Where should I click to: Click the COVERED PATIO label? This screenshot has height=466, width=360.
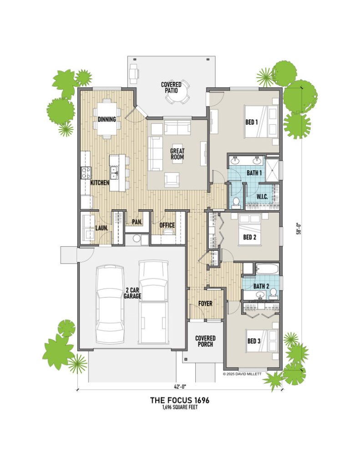tap(171, 87)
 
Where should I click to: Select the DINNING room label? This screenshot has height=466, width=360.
tap(106, 119)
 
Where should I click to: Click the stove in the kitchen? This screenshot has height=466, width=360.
tap(86, 172)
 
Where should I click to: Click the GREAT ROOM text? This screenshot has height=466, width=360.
tap(177, 154)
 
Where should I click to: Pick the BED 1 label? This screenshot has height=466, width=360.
tap(252, 122)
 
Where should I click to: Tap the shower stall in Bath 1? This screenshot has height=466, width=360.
tap(272, 170)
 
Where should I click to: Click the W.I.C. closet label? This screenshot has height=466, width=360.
tap(262, 197)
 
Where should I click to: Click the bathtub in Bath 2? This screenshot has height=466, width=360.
tap(267, 269)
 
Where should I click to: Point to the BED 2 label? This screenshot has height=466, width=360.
tap(250, 237)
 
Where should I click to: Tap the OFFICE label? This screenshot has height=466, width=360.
tap(167, 225)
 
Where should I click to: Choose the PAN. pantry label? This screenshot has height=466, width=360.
tap(137, 222)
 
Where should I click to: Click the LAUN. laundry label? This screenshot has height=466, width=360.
tap(101, 228)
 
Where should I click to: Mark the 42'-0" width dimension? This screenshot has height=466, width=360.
tap(180, 387)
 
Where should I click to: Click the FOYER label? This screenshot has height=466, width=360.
tap(205, 304)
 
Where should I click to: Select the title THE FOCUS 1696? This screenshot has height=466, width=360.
tap(180, 400)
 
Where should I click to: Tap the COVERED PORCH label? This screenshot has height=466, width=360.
tap(205, 341)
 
